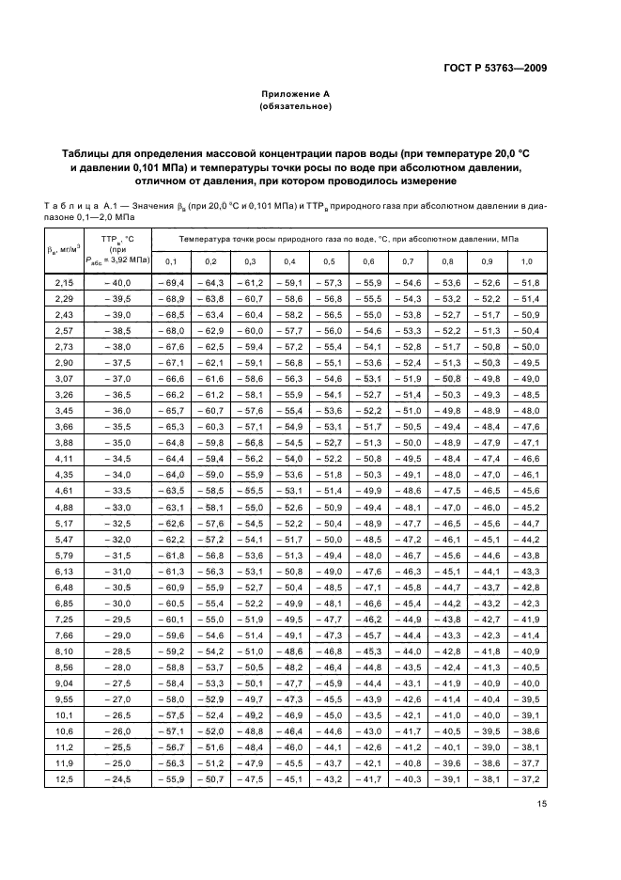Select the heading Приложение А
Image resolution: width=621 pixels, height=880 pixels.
[x=296, y=95]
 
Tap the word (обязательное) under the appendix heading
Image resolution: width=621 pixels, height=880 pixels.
[x=296, y=107]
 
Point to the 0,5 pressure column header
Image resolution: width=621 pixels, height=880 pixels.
[x=329, y=260]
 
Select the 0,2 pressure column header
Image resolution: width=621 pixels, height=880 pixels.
[x=210, y=260]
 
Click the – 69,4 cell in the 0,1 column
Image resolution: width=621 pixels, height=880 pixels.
[x=171, y=283]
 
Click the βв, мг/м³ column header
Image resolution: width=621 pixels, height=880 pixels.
[x=64, y=249]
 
